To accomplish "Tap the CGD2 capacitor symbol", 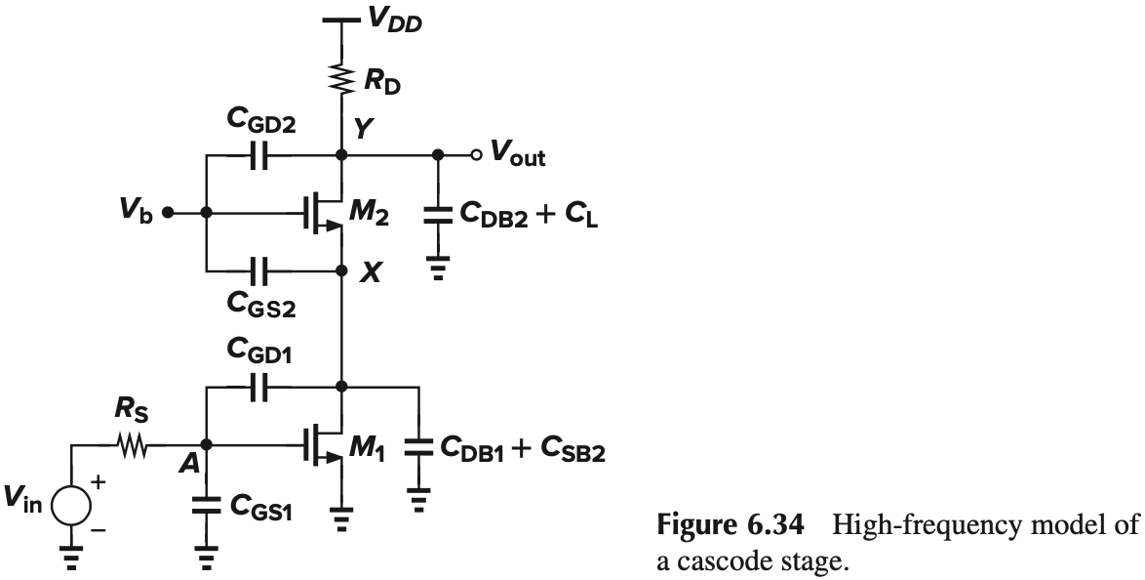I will [x=258, y=155].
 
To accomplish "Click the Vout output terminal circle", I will [x=475, y=155].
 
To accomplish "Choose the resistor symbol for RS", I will [x=132, y=447].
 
